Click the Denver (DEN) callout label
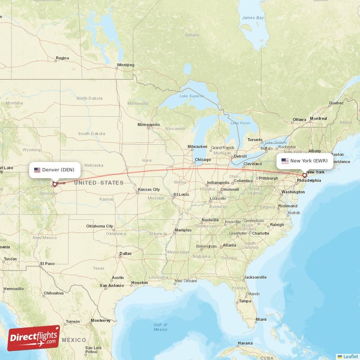point(55,170)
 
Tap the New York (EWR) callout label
point(305,161)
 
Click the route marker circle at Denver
point(55,184)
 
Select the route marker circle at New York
point(305,175)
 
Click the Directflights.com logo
point(34,338)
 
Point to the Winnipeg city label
point(126,65)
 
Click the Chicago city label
point(203,159)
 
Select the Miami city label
point(261,319)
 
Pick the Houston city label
point(139,283)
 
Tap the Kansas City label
point(149,189)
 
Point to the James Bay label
point(253,18)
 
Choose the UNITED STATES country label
point(99,183)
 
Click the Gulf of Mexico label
point(160,327)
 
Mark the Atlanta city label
point(229,245)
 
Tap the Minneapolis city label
point(148,125)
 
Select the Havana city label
point(245,343)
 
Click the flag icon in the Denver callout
point(37,170)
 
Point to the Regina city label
point(62,58)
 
